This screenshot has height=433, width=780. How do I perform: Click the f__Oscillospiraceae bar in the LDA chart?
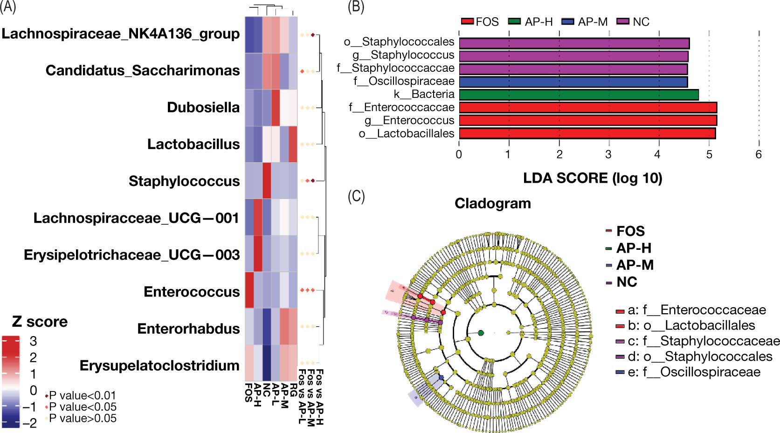click(x=573, y=82)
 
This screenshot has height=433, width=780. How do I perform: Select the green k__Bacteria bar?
click(x=579, y=95)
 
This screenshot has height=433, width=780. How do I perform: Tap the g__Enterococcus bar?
click(x=587, y=121)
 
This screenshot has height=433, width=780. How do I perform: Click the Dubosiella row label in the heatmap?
click(x=203, y=108)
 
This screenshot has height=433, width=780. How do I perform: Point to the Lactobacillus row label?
click(x=193, y=144)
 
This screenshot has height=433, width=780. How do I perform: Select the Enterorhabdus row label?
click(x=188, y=329)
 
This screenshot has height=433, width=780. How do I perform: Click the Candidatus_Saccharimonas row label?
click(x=143, y=71)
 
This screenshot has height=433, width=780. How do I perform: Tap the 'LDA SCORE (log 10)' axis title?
click(x=593, y=178)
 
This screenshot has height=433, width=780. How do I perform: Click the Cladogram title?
click(x=493, y=204)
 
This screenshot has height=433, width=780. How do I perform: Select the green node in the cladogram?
click(x=481, y=333)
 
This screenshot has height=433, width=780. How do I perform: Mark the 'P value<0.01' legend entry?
click(x=80, y=396)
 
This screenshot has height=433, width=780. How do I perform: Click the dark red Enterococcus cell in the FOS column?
click(x=249, y=292)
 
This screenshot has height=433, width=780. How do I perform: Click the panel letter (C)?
click(x=357, y=196)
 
